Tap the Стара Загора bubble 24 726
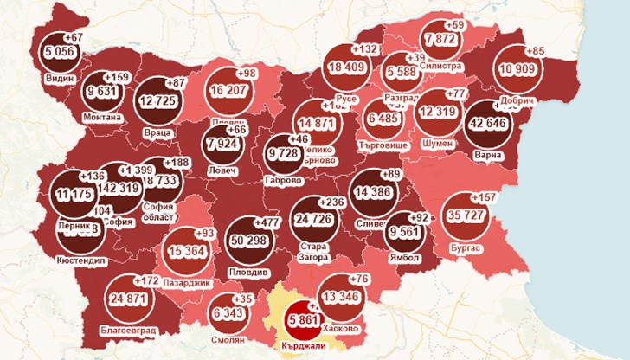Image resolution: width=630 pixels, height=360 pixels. (315, 216)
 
